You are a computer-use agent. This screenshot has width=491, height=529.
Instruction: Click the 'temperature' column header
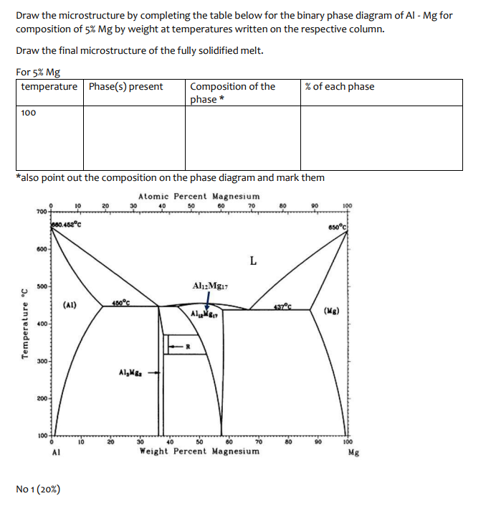coord(49,87)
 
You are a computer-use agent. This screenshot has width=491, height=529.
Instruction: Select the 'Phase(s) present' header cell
coord(125,87)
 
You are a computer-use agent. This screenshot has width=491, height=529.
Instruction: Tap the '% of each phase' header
coord(339,87)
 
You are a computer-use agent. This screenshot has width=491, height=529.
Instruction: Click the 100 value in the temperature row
coord(29,113)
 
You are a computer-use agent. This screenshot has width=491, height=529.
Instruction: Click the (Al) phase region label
coord(71,304)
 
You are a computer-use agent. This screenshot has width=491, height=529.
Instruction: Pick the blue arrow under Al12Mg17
coord(208,304)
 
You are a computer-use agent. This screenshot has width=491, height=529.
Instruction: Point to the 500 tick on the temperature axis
coord(42,286)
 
